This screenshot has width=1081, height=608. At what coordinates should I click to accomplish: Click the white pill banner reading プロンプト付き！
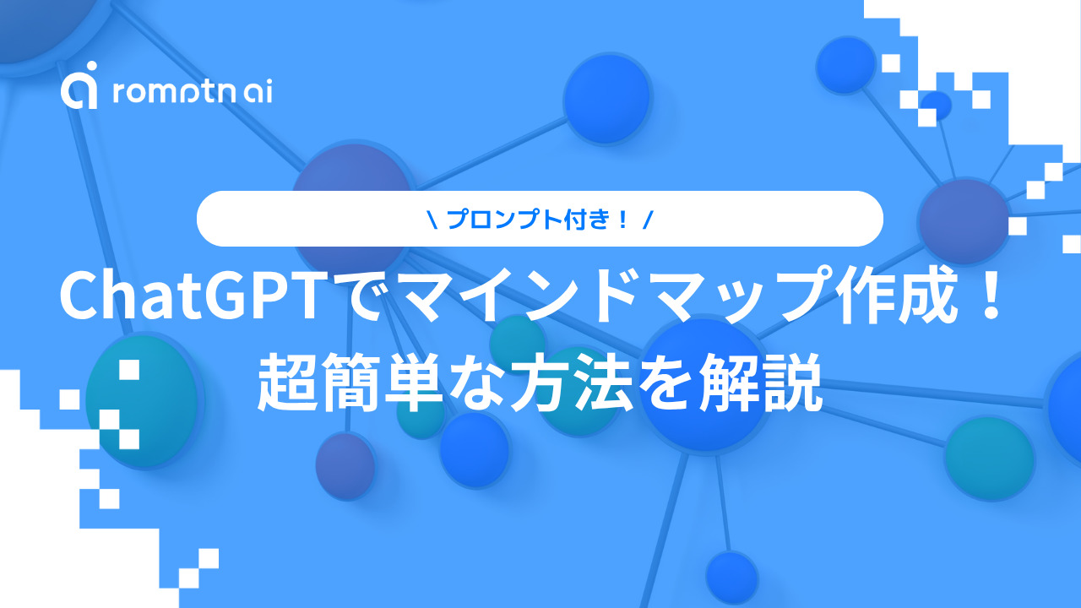point(540,219)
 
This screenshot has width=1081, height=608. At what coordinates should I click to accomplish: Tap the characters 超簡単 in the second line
point(349,383)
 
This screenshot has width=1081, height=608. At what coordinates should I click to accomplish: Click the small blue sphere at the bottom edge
point(731,575)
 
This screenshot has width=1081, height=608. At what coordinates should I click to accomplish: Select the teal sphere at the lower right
point(989,459)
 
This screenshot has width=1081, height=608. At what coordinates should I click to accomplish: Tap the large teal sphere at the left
point(144,400)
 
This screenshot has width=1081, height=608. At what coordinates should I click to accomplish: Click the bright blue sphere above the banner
point(607,99)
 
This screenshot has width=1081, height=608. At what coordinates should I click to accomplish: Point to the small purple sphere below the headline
point(345,465)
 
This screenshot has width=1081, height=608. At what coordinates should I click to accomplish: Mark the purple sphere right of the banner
point(964,221)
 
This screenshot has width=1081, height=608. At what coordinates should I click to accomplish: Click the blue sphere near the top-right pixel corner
point(845,65)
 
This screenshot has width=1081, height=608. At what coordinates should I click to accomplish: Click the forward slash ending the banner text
point(648,220)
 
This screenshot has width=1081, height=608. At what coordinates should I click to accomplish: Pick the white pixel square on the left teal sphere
point(129,370)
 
